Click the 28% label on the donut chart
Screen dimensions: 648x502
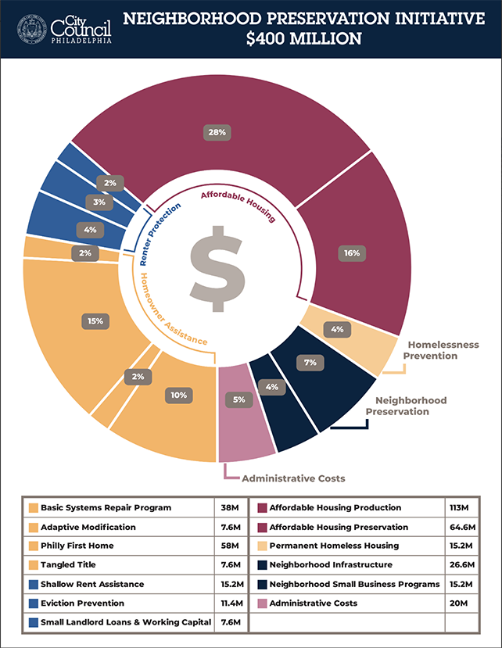click(217, 132)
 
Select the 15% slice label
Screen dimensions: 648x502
click(95, 320)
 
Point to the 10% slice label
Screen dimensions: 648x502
click(179, 396)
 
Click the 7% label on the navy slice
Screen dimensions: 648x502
click(310, 362)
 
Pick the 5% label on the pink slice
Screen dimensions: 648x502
click(238, 399)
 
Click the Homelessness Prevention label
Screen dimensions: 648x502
click(440, 350)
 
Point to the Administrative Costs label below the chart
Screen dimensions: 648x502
click(293, 478)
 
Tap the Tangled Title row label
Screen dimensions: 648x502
click(68, 565)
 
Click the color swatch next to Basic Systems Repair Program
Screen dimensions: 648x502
click(32, 508)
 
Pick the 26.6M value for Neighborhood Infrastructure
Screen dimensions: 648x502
click(460, 565)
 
